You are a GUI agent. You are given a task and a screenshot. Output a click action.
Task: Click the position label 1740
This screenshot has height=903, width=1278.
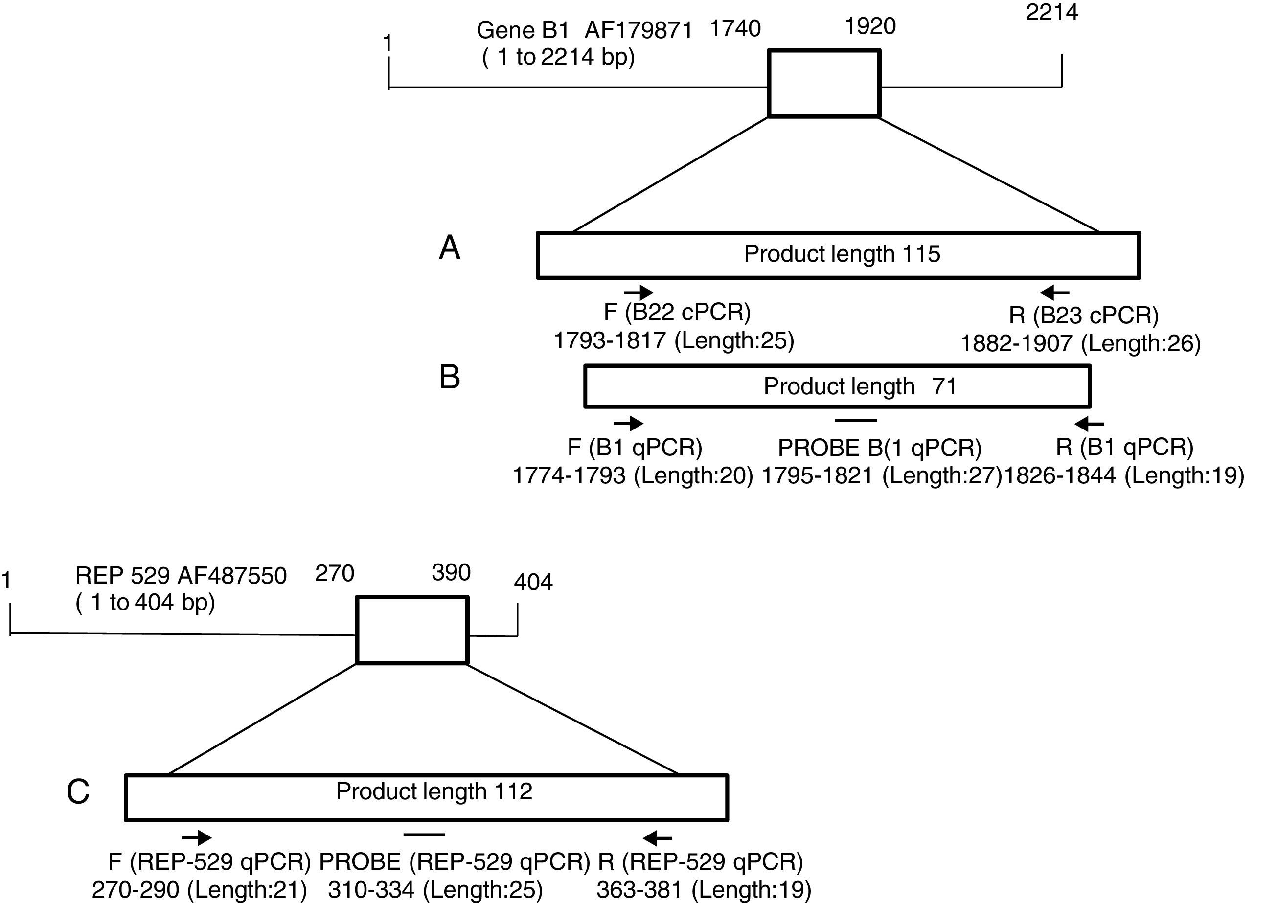pos(735,28)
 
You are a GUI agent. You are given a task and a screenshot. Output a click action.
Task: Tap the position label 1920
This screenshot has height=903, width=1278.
pos(870,25)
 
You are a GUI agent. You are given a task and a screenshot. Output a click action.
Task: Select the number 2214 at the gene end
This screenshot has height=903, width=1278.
pos(1051,12)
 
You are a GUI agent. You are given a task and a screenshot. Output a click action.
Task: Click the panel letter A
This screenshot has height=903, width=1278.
pos(449,248)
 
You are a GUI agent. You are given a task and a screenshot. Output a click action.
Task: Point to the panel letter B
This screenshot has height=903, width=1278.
pos(449,377)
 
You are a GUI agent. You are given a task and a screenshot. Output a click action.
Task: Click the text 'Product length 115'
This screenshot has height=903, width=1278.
pos(842,254)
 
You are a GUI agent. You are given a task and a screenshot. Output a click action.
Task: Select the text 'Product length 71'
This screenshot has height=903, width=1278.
pos(860,386)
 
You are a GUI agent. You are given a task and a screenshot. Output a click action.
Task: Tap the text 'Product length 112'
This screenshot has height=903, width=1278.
pos(434,790)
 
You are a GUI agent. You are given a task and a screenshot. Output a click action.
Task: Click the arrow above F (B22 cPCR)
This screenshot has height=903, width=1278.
pos(639,292)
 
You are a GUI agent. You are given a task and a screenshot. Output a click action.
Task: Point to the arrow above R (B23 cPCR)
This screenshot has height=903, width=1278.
pos(1054,292)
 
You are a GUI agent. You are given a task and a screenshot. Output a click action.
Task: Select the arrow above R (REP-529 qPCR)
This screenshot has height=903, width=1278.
pos(658,837)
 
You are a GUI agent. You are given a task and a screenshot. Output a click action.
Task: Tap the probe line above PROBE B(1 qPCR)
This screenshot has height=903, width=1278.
pos(856,420)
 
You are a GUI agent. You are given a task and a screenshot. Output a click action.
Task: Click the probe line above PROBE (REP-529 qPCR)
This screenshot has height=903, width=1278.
pos(424,834)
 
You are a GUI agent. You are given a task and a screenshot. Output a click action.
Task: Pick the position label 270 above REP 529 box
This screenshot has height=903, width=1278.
pos(335,573)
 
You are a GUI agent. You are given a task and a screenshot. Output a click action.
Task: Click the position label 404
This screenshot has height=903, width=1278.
pos(533,582)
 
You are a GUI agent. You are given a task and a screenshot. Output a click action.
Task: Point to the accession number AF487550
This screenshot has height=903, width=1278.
pos(231,575)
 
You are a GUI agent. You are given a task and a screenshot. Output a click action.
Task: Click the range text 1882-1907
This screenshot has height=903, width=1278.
pos(1016,344)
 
